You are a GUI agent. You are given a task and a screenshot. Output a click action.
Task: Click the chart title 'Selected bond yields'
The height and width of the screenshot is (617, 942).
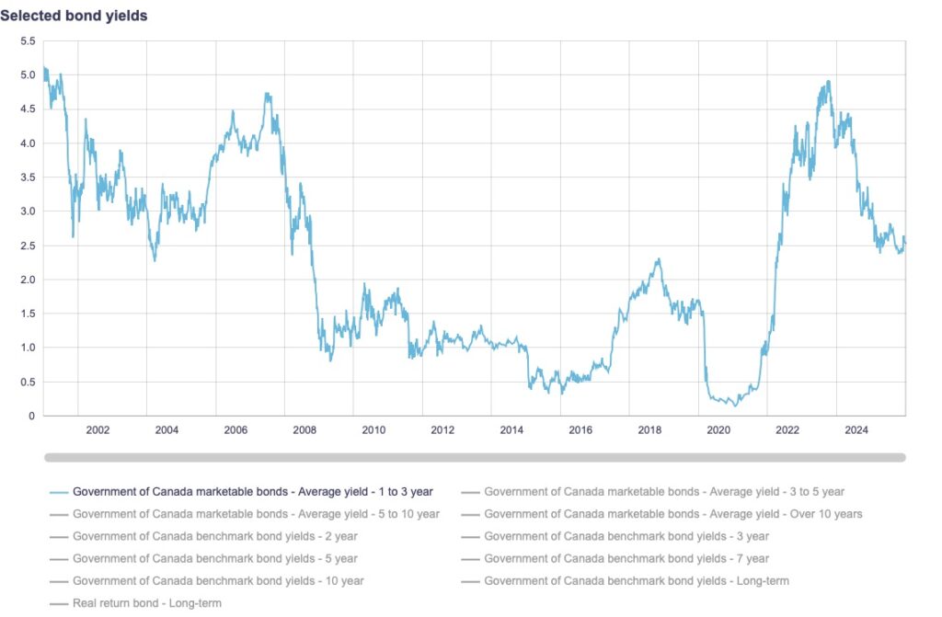pos(74,16)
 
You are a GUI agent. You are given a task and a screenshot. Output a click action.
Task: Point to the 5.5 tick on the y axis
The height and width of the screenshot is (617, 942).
pos(28,41)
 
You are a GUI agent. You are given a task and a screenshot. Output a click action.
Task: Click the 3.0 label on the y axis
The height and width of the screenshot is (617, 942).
pos(28,211)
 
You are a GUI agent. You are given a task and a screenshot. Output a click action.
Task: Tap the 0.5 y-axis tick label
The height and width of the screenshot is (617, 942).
pos(28,382)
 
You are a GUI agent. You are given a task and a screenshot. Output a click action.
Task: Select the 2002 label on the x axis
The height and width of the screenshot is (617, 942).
pos(98,429)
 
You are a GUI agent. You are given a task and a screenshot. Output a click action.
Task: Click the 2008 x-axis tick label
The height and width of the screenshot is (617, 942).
pos(304,429)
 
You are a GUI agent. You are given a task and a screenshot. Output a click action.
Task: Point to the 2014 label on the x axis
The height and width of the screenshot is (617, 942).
pos(511,429)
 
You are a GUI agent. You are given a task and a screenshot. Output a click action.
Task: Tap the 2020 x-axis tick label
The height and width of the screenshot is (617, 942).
pos(718,429)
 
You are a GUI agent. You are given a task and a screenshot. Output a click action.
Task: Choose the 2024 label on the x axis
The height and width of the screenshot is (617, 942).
pos(856,429)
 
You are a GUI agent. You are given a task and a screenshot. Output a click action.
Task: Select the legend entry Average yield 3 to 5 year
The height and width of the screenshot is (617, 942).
pos(664,492)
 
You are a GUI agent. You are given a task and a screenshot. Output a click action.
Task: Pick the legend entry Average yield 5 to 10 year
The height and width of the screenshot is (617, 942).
pos(256,514)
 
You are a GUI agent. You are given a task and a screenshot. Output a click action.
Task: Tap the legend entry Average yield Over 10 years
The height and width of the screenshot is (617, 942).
pos(673,514)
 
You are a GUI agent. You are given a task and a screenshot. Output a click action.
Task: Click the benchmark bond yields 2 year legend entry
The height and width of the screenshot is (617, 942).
pos(214,536)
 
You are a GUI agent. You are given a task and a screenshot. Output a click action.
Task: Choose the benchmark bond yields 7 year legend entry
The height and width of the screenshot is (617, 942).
pos(626,558)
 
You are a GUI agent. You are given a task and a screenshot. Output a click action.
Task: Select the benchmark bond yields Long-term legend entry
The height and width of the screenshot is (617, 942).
pos(637,581)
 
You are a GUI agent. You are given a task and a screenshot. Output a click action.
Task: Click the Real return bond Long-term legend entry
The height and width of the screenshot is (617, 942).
pos(147,603)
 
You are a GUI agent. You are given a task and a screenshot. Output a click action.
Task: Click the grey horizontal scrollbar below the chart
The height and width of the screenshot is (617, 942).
pos(475,457)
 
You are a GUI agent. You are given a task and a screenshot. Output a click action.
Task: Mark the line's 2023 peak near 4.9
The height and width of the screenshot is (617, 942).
pos(829,81)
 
